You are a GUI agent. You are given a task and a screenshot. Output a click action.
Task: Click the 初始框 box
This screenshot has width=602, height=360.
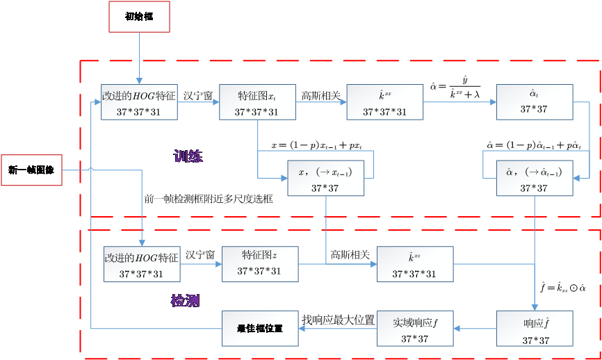[x=139, y=17]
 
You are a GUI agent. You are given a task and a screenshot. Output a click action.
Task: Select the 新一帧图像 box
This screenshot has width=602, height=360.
[x=31, y=170]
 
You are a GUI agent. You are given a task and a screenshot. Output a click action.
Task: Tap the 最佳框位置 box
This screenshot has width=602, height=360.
[x=259, y=328]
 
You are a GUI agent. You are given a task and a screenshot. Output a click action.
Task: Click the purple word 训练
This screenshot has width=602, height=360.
[x=188, y=156]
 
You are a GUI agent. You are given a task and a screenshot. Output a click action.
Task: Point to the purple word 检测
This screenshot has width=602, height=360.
[x=186, y=301]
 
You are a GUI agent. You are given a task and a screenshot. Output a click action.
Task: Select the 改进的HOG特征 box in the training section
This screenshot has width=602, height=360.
[x=139, y=102]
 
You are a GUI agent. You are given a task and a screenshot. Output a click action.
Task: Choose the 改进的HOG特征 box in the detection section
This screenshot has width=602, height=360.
[x=142, y=264]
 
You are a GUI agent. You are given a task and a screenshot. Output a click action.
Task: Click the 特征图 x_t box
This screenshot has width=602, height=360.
[x=257, y=102]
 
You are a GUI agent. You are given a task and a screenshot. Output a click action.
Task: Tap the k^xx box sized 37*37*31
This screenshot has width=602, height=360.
[x=384, y=102]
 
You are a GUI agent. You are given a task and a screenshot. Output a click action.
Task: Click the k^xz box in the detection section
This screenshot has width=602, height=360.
[x=415, y=264]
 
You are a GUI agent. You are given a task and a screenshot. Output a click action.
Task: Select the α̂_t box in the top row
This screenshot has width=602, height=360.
[x=535, y=102]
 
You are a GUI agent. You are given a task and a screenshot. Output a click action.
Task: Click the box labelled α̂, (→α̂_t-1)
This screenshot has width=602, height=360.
[x=535, y=179]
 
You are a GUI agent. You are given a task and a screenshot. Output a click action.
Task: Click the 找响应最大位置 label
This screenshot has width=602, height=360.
[x=338, y=320]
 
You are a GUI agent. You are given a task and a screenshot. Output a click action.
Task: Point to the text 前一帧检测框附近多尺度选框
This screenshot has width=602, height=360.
[x=209, y=199]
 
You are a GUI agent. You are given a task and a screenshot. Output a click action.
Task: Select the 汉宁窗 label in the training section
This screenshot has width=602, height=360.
[x=198, y=95]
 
